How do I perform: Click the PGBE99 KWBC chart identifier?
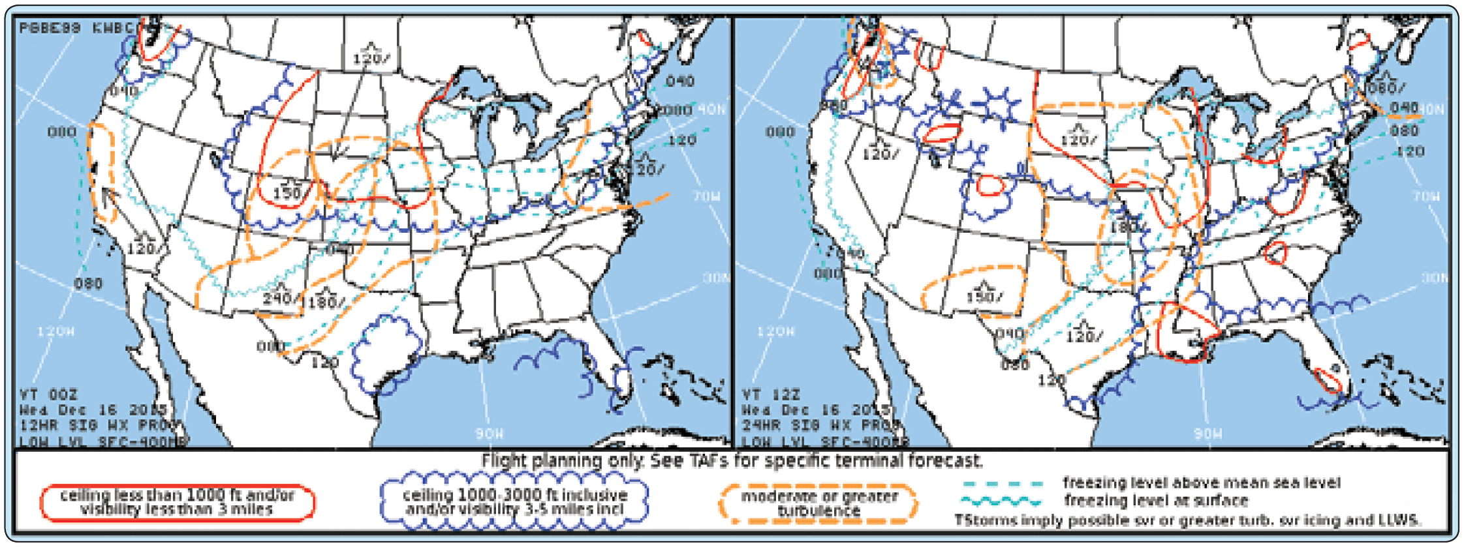77,28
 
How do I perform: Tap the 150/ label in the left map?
287,192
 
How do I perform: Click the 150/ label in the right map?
984,297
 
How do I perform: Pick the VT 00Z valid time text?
50,395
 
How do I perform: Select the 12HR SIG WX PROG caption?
98,426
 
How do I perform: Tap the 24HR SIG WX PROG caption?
820,426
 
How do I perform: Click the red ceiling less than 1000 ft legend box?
177,503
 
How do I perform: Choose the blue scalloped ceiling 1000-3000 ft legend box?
514,502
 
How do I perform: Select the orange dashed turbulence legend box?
818,503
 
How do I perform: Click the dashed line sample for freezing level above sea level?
1003,484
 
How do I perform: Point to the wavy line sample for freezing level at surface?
1003,501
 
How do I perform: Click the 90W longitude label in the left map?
489,434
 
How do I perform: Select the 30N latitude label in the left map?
715,278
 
